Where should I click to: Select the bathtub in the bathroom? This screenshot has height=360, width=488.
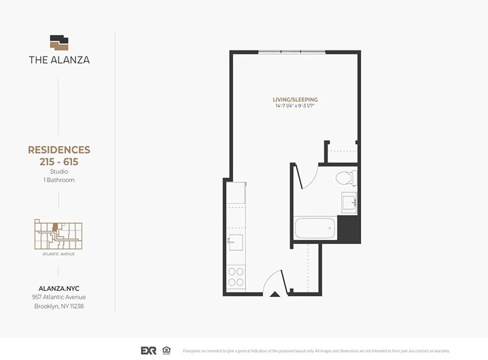pyautogui.click(x=315, y=229)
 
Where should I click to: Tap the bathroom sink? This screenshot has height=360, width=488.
pyautogui.click(x=349, y=202)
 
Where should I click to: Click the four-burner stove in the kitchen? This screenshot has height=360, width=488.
pyautogui.click(x=235, y=277)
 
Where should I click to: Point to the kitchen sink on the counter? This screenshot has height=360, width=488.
pyautogui.click(x=236, y=242)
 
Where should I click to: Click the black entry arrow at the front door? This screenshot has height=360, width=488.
pyautogui.click(x=274, y=294)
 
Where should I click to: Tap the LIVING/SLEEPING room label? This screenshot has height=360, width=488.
pyautogui.click(x=295, y=99)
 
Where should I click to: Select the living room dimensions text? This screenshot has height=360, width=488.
pyautogui.click(x=295, y=106)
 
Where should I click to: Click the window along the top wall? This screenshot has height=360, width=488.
pyautogui.click(x=292, y=52)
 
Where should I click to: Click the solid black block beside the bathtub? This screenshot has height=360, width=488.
pyautogui.click(x=349, y=229)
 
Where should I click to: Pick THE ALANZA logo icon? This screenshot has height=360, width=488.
pyautogui.click(x=59, y=43)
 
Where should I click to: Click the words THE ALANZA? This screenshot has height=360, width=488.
pyautogui.click(x=59, y=59)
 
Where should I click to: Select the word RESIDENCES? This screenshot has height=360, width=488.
pyautogui.click(x=59, y=150)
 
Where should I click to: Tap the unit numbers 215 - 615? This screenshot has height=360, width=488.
pyautogui.click(x=59, y=162)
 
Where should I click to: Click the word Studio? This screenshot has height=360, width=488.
pyautogui.click(x=59, y=171)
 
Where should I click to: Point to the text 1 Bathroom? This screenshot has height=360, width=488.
pyautogui.click(x=59, y=180)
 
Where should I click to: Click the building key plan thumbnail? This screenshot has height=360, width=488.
pyautogui.click(x=59, y=234)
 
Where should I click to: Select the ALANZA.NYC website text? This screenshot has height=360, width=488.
pyautogui.click(x=59, y=288)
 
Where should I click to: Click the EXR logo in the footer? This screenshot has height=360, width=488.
pyautogui.click(x=149, y=351)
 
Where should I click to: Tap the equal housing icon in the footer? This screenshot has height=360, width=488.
pyautogui.click(x=167, y=350)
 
